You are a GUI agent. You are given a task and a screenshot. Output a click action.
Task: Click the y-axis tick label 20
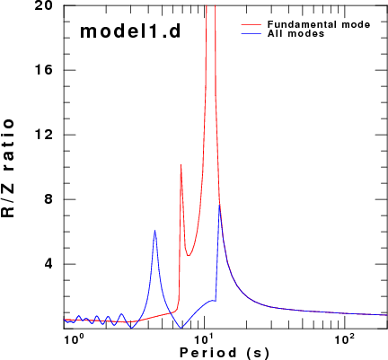click(44, 5)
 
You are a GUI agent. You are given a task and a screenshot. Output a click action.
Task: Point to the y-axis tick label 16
click(44, 70)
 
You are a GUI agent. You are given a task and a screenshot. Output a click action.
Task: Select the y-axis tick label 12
click(44, 135)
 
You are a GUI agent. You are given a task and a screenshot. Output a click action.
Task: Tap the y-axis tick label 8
click(48, 199)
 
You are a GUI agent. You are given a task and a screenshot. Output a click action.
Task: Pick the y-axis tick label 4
click(48, 264)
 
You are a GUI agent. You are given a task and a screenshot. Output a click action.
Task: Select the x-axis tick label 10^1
click(205, 339)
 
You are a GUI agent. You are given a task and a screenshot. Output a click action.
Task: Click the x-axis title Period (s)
click(225, 353)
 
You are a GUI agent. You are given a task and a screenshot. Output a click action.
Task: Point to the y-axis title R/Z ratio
click(8, 168)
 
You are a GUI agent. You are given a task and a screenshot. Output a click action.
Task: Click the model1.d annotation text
click(130, 31)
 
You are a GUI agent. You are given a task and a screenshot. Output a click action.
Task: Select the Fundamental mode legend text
click(319, 24)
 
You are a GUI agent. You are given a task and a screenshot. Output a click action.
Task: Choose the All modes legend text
click(295, 33)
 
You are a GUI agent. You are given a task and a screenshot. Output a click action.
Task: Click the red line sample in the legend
click(251, 24)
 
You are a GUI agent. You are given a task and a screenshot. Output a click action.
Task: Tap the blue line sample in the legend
click(251, 33)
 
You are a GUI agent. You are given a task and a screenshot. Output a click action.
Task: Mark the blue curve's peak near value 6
click(154, 230)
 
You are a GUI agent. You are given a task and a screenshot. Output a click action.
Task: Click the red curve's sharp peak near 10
click(181, 164)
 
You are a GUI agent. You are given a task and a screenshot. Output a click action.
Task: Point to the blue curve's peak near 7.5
click(219, 205)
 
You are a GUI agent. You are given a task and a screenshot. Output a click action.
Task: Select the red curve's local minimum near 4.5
click(189, 255)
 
